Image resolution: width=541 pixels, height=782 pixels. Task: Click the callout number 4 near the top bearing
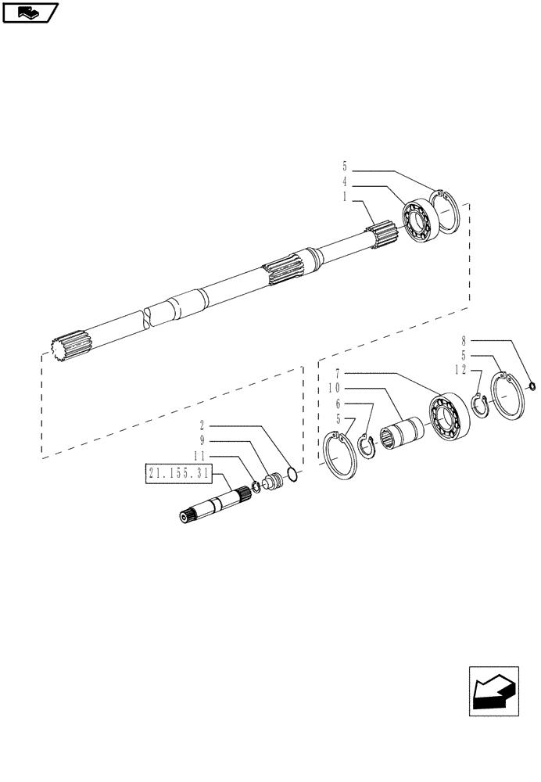346,185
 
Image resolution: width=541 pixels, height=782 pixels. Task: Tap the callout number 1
346,199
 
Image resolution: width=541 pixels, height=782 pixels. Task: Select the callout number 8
464,342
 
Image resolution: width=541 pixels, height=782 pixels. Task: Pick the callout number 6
338,404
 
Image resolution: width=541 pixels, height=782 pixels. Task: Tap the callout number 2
202,427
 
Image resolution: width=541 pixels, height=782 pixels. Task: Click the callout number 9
202,441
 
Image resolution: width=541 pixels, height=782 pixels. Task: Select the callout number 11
199,456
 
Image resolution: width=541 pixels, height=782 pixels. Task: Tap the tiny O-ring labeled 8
532,384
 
